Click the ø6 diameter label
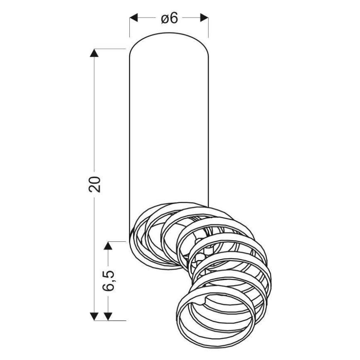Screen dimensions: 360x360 (x=169, y=18)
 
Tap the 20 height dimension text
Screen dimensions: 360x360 (x=95, y=184)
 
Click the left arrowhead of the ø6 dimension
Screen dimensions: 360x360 (x=134, y=18)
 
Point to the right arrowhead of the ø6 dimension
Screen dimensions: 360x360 (x=204, y=18)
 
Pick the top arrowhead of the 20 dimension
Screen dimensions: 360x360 (x=95, y=53)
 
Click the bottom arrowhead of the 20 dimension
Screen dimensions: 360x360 (x=95, y=316)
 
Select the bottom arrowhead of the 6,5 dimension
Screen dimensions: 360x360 (x=108, y=316)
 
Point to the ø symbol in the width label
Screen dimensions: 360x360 (x=164, y=19)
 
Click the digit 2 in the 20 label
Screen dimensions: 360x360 (x=95, y=189)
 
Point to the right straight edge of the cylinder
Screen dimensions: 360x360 (x=208, y=124)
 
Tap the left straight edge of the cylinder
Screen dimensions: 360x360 (x=129, y=124)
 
